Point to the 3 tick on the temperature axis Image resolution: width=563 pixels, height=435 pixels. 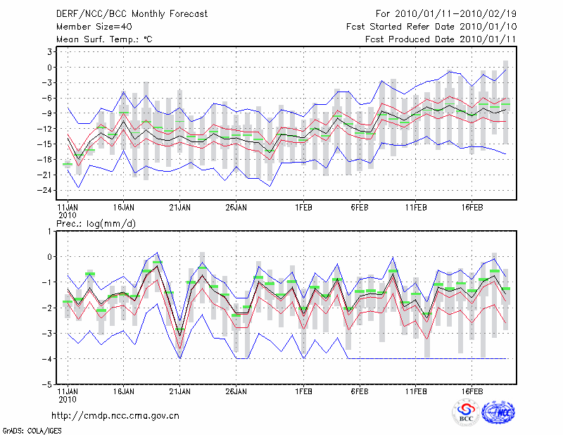click(x=51, y=52)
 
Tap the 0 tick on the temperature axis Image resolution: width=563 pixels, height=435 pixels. click(x=51, y=68)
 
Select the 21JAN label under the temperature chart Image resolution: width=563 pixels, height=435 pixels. click(x=180, y=208)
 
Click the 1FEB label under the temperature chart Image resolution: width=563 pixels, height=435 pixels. click(x=304, y=208)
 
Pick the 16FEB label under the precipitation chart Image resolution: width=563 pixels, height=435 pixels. click(x=472, y=389)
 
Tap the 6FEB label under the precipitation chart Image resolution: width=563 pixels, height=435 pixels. click(x=360, y=389)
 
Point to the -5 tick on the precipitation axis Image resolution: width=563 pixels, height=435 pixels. click(x=49, y=384)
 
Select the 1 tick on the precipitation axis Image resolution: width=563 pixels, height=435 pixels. click(x=51, y=231)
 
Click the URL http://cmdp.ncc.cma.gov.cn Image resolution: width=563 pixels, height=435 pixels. click(x=115, y=415)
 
